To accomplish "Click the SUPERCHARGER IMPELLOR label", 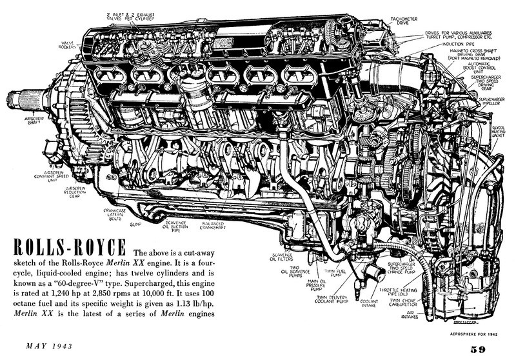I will [492, 102].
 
